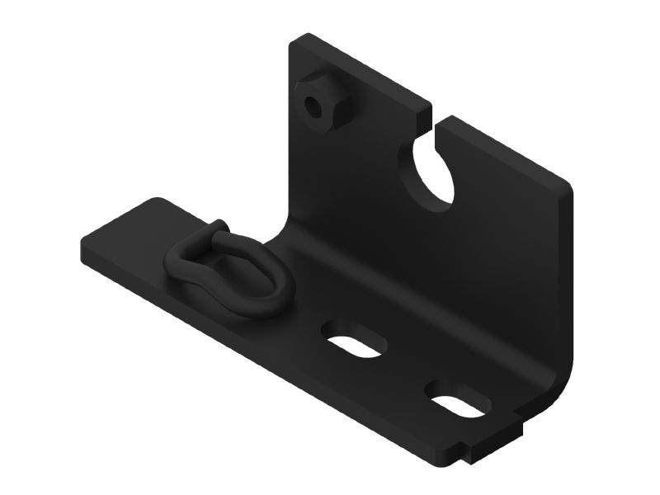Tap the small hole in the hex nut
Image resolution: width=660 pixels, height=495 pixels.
coord(313,106)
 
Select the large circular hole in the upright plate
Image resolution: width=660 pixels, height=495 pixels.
coord(432,172)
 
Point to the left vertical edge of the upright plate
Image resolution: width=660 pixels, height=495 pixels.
coord(290,132)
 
